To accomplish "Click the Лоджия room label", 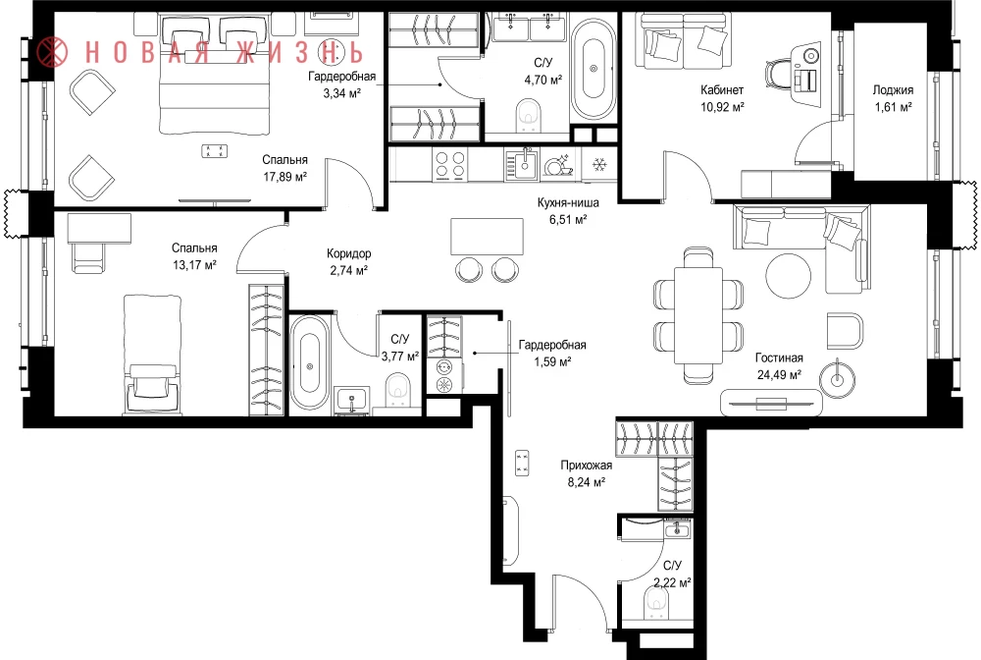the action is (893, 90).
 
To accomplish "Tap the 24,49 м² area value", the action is (779, 375).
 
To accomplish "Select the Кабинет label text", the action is (722, 90).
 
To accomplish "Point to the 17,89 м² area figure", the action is (284, 177).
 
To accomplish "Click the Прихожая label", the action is (587, 466).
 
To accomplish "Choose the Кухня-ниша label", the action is (568, 203).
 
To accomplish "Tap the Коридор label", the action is (348, 253).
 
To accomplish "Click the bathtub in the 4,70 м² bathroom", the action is (594, 69).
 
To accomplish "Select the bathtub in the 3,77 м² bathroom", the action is (309, 362).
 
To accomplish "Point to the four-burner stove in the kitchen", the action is (450, 165).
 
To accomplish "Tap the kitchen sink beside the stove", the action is (522, 165).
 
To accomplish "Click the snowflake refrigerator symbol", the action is (599, 165).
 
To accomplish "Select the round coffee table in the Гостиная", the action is (788, 276).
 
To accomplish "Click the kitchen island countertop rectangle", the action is (487, 236).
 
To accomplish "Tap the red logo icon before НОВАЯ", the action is (52, 51).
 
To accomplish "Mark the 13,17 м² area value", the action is (194, 265).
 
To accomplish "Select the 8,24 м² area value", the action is (587, 482).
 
